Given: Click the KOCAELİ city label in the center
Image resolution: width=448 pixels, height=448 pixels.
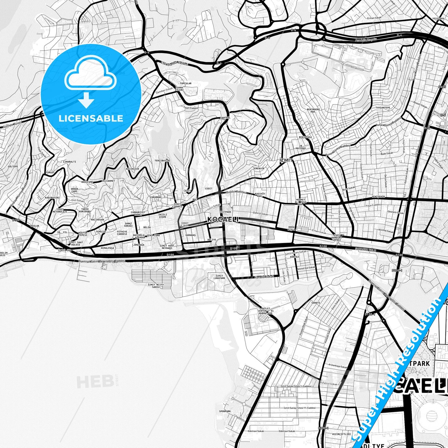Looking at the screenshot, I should [x=223, y=220].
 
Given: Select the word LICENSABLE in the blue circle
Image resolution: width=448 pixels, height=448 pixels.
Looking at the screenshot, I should [x=91, y=118].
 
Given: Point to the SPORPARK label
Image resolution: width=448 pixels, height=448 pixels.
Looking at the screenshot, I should [x=225, y=411].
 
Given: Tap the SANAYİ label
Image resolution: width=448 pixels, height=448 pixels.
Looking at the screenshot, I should [x=316, y=303].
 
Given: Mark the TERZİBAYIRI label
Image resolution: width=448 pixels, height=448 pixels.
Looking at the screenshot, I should [x=162, y=161].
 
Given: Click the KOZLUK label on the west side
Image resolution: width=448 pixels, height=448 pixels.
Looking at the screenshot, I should [x=35, y=226].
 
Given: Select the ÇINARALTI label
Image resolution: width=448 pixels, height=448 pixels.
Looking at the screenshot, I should [x=69, y=162].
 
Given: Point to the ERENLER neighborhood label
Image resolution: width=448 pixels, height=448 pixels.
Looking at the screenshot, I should [x=259, y=168].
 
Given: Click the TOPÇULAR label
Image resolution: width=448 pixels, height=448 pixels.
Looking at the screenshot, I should [x=186, y=83].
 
